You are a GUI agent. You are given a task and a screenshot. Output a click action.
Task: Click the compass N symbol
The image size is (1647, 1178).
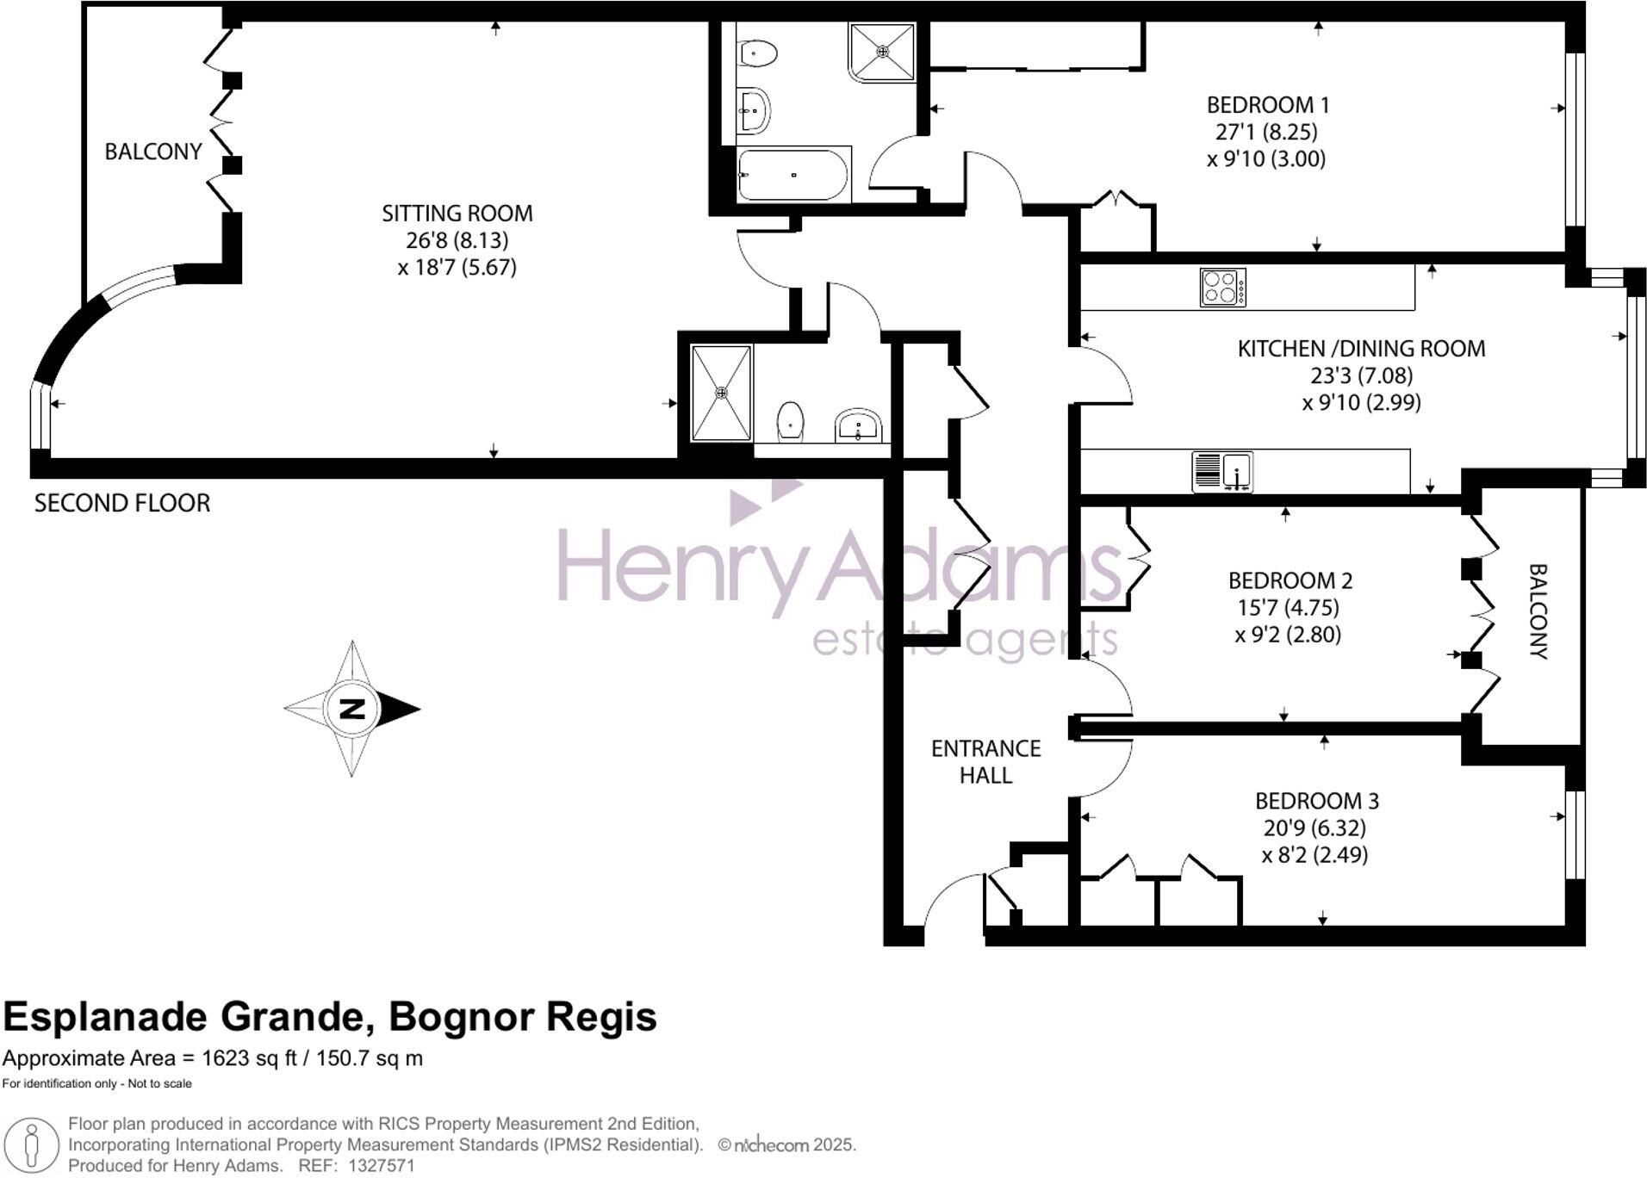coord(352,709)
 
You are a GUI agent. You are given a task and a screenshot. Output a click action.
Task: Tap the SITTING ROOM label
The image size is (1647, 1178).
coord(457,213)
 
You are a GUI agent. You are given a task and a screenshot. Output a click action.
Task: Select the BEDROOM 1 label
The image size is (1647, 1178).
coord(1267,105)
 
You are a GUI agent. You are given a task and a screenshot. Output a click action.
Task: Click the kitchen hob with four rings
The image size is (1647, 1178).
coord(1222,288)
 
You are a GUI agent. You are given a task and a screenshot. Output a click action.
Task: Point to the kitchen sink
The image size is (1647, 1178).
coord(1222,472)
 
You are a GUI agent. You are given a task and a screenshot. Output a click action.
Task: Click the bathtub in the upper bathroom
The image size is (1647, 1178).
coord(793,175)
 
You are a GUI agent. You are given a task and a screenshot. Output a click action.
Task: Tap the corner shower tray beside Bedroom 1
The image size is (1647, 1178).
coord(881,53)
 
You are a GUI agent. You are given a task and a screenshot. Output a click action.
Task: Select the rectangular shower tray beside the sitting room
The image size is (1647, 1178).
coord(721,393)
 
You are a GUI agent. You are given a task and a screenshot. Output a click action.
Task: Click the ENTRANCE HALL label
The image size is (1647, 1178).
coord(985,761)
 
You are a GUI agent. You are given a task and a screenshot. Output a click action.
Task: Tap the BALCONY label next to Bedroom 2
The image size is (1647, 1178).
coord(1538,611)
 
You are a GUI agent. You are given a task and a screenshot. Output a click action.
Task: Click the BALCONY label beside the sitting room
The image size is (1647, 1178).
coord(152,152)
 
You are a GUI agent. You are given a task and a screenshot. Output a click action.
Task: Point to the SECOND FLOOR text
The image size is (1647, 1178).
coord(121,503)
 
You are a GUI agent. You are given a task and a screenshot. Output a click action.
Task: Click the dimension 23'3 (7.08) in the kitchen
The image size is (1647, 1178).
coord(1361,375)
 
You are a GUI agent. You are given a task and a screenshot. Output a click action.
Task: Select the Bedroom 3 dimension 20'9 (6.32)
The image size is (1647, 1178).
coord(1314,828)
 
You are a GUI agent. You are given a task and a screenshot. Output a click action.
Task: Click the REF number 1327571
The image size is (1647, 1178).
coord(381,1166)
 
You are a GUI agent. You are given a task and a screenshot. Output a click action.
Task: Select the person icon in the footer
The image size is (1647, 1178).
coord(32,1145)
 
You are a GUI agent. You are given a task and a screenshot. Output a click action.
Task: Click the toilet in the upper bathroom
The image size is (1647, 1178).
coord(758,53)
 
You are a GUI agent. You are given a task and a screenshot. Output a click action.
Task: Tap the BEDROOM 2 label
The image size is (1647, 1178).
coord(1290,580)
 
